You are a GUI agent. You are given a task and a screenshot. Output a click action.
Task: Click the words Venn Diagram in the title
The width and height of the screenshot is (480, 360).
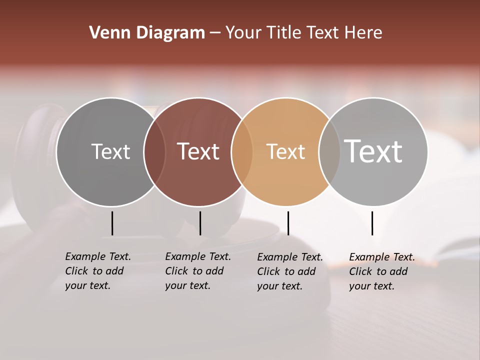click(x=147, y=33)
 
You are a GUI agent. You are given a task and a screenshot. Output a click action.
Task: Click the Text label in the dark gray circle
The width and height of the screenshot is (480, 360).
click(x=110, y=151)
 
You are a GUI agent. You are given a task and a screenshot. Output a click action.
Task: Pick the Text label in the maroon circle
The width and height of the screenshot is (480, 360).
click(x=198, y=151)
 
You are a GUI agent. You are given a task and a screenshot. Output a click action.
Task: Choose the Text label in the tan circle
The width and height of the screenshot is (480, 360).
click(x=285, y=151)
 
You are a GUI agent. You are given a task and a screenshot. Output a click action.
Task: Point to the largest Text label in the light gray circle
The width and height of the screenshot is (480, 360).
click(x=373, y=151)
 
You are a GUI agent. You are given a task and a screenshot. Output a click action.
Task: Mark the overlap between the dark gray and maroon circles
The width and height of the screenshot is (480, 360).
click(x=154, y=151)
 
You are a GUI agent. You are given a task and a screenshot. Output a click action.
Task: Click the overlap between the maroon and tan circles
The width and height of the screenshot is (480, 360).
click(x=242, y=151)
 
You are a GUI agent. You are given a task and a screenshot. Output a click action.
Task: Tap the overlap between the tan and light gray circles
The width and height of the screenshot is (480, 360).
click(x=329, y=151)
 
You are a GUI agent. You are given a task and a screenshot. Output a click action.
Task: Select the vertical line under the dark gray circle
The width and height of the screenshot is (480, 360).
click(x=112, y=223)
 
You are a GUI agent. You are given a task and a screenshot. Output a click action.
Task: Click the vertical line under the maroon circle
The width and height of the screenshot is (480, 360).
click(x=200, y=223)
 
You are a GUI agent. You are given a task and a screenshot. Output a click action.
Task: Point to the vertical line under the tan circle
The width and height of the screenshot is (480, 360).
click(x=288, y=223)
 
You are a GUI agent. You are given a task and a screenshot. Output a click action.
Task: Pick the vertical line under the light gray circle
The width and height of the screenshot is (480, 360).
click(x=372, y=223)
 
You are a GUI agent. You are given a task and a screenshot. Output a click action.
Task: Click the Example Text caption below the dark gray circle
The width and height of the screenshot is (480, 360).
click(x=98, y=271)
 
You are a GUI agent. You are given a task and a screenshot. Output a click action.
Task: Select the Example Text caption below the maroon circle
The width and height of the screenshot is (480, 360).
click(x=198, y=271)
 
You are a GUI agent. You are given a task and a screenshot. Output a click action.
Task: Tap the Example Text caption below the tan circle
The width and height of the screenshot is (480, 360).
click(x=290, y=271)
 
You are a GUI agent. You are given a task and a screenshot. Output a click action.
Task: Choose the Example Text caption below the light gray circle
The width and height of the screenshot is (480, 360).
click(x=382, y=271)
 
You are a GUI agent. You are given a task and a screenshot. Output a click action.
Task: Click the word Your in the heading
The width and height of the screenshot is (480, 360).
click(x=243, y=33)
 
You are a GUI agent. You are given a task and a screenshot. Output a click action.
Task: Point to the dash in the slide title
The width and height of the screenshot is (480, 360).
click(x=215, y=33)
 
